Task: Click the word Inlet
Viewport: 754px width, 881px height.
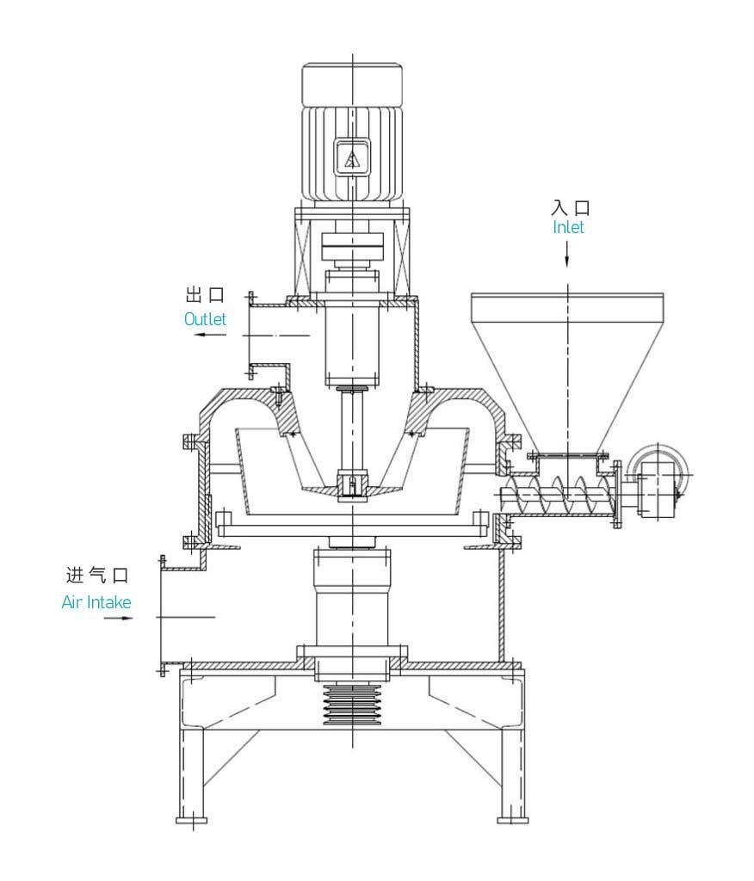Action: click(x=568, y=228)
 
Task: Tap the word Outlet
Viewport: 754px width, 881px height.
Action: click(x=205, y=318)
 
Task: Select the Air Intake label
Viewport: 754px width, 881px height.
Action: click(x=96, y=602)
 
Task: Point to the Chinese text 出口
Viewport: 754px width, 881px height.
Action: click(x=205, y=295)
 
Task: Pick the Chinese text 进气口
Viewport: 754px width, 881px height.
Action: click(x=97, y=576)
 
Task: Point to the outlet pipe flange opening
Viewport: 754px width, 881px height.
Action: click(x=251, y=336)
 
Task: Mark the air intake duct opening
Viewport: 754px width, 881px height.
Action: click(x=164, y=616)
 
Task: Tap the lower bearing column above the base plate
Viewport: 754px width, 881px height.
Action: click(x=350, y=602)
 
